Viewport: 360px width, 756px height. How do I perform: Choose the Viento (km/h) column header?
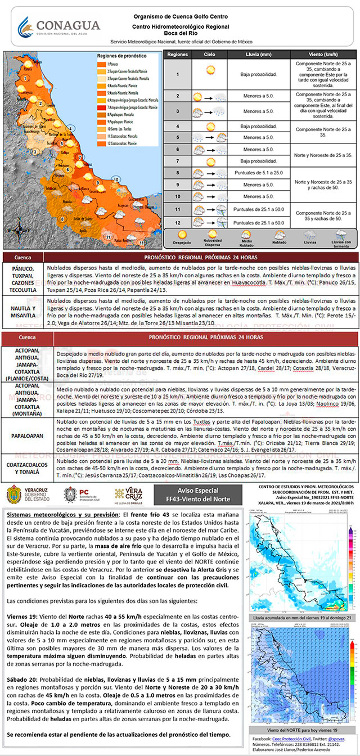(325, 55)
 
